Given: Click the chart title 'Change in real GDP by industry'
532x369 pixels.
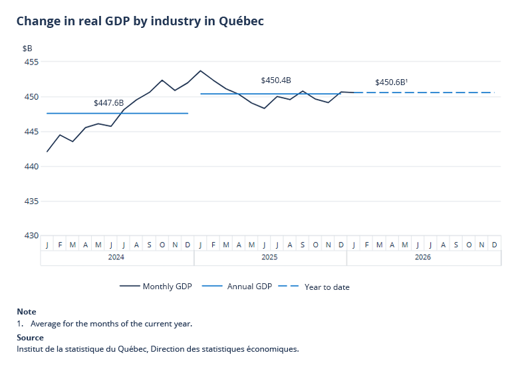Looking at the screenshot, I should point(140,21).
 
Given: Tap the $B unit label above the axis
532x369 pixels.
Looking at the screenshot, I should point(27,49).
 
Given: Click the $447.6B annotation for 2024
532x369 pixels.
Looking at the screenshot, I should point(109,103).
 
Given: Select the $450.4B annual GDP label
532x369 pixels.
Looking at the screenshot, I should point(276,80).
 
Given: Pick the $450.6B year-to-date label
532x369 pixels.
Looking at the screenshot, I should point(391,82).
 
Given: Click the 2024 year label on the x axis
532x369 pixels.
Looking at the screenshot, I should point(116,257).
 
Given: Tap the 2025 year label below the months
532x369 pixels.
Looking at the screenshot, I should point(269,257).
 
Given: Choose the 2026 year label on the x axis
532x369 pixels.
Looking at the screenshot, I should point(423,257).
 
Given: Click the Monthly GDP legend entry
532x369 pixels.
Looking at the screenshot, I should point(156,287).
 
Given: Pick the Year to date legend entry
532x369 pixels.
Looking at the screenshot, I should point(314,287).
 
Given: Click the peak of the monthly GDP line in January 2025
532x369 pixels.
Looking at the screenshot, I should point(200,70).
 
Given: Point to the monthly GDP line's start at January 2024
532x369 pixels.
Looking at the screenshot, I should point(47,152).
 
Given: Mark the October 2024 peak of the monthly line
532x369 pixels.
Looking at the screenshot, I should point(162,80).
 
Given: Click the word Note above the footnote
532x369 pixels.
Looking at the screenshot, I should point(27,312).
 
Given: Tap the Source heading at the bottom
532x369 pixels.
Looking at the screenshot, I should point(30,338).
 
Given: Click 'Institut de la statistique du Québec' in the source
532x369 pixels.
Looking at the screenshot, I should point(82,348).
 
